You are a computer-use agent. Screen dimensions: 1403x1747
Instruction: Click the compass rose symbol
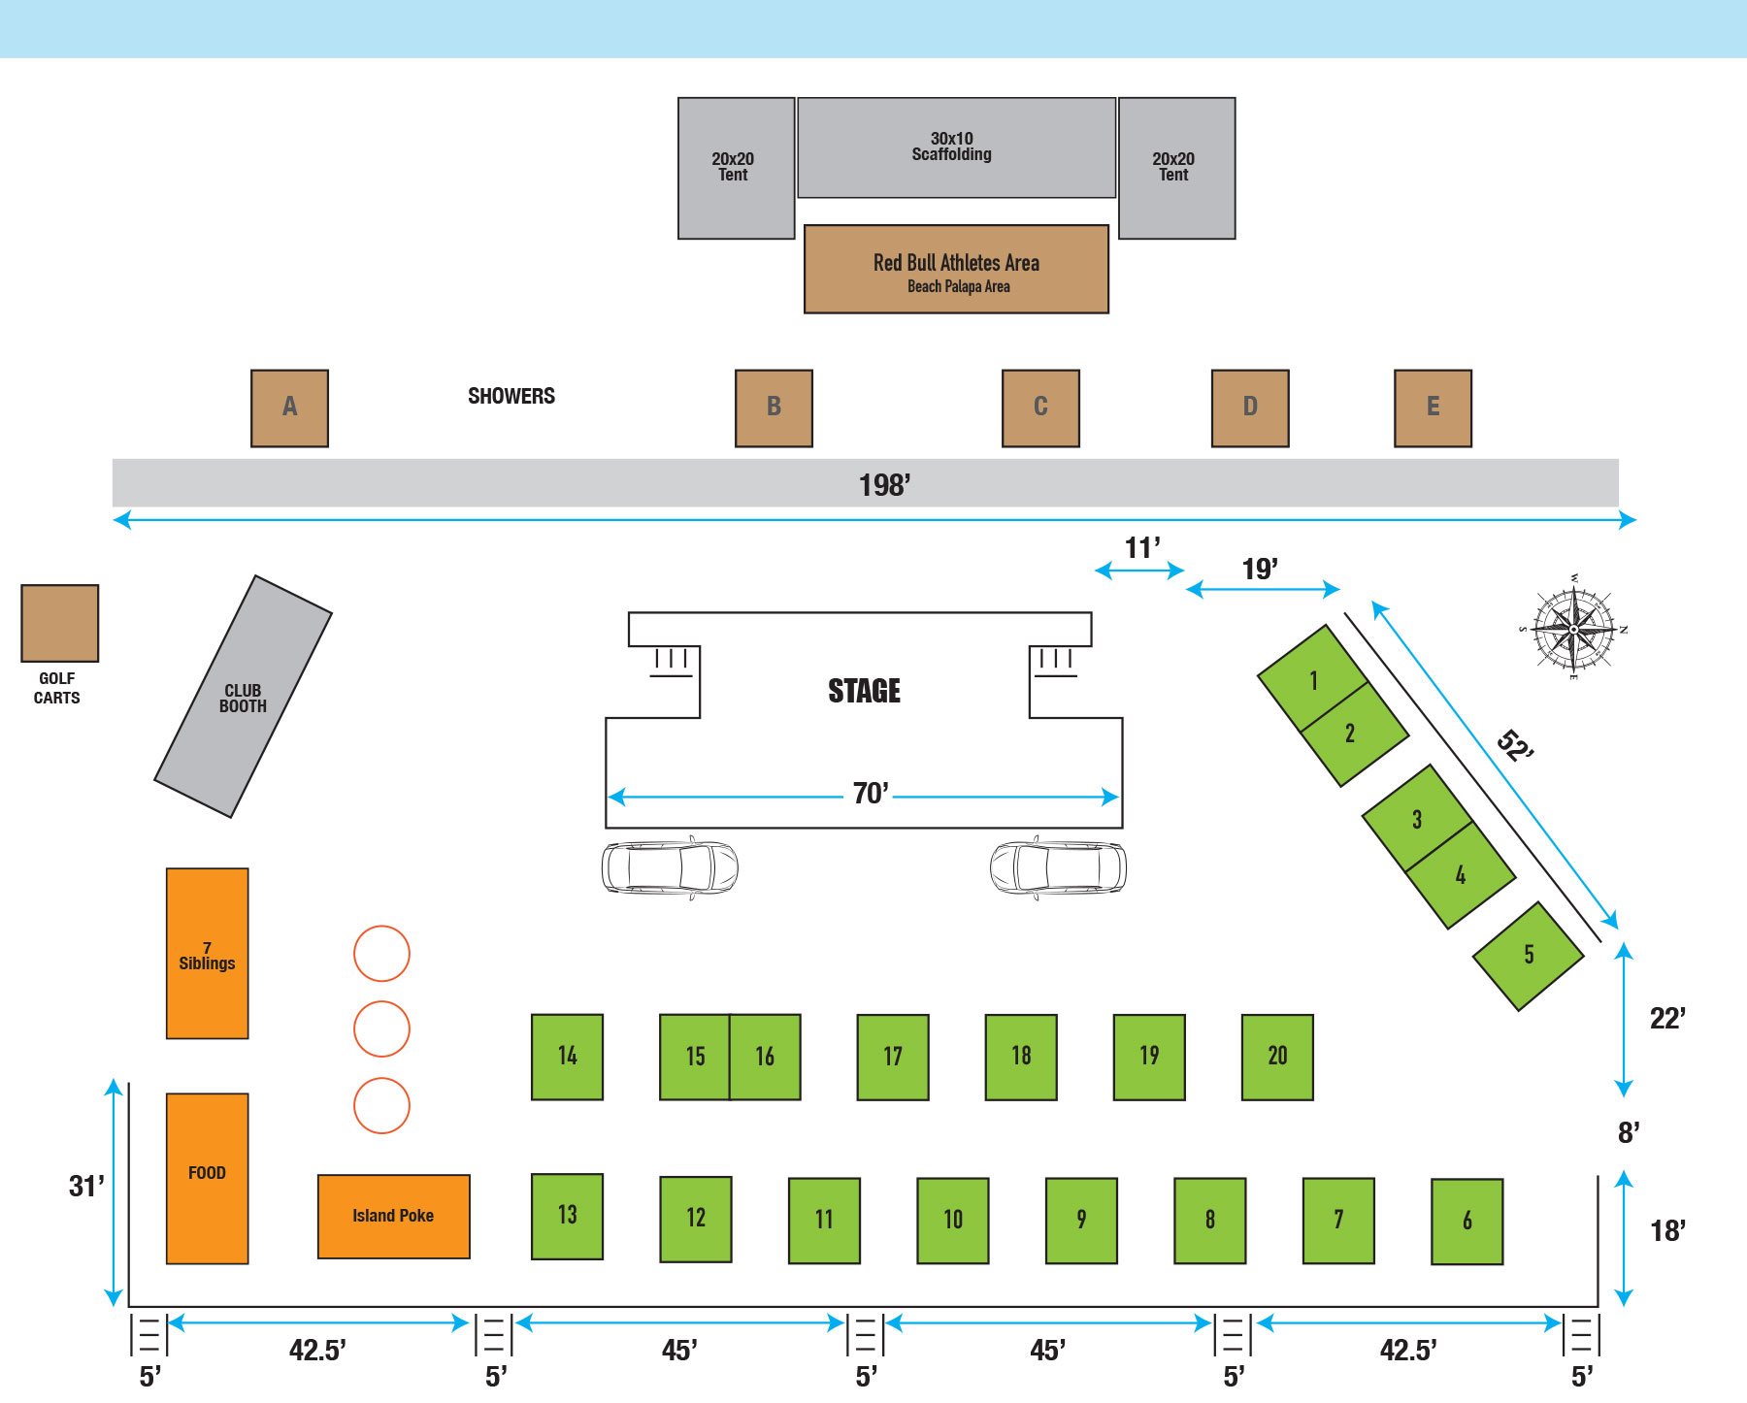pyautogui.click(x=1573, y=629)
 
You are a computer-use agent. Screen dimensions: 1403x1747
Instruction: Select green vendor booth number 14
pyautogui.click(x=567, y=1057)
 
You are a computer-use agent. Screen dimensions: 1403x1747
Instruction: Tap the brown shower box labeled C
pyautogui.click(x=1040, y=408)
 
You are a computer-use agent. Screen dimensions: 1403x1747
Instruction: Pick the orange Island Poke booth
pyautogui.click(x=393, y=1216)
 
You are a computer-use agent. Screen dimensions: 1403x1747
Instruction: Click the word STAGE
pyautogui.click(x=864, y=691)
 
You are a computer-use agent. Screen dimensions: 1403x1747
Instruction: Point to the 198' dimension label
pyautogui.click(x=884, y=485)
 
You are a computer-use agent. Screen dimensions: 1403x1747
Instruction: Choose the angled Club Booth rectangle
pyautogui.click(x=243, y=697)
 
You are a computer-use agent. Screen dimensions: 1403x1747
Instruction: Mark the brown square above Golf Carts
pyautogui.click(x=60, y=623)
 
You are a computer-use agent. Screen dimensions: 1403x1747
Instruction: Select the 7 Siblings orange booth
pyautogui.click(x=207, y=954)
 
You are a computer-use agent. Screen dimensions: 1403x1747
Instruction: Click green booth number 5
pyautogui.click(x=1529, y=956)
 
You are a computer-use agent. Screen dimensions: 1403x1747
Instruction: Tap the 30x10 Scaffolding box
pyautogui.click(x=956, y=147)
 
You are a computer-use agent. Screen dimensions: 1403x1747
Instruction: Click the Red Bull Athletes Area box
pyautogui.click(x=956, y=270)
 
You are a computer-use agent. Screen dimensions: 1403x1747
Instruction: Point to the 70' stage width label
pyautogui.click(x=871, y=794)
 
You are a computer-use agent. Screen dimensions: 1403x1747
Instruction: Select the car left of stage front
pyautogui.click(x=670, y=867)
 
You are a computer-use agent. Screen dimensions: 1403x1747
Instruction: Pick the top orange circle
pyautogui.click(x=381, y=953)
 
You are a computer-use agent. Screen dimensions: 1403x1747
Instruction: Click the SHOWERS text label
pyautogui.click(x=511, y=396)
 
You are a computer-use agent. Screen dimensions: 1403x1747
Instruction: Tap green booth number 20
pyautogui.click(x=1277, y=1057)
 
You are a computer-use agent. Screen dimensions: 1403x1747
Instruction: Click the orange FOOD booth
pyautogui.click(x=207, y=1178)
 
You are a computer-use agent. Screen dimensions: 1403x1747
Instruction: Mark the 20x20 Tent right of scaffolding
pyautogui.click(x=1176, y=167)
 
